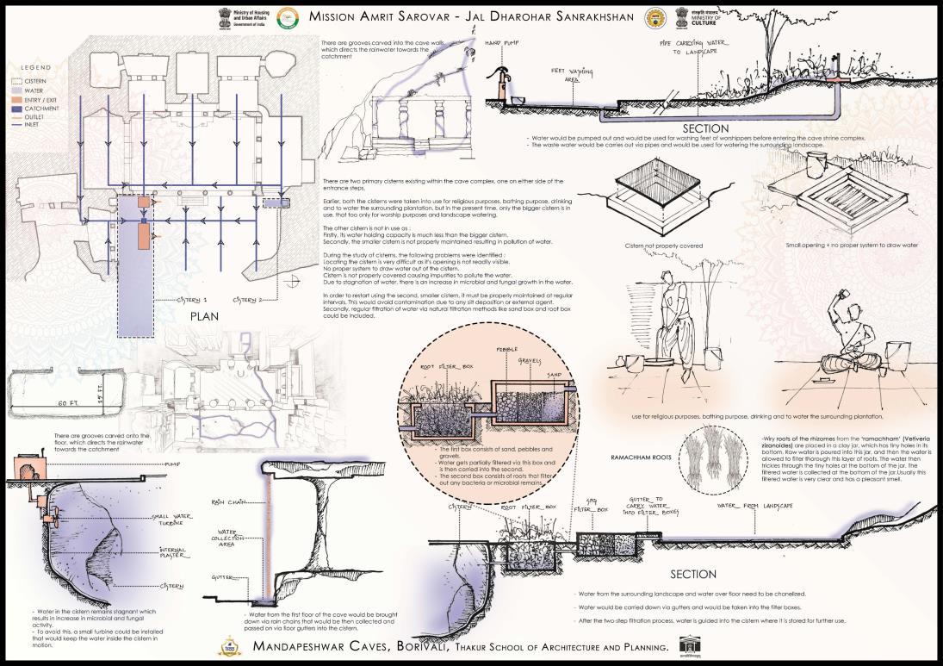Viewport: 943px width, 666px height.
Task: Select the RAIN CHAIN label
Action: [223, 501]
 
